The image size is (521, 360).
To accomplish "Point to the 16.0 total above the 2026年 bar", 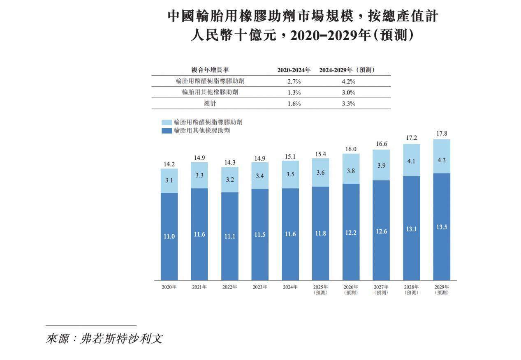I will click(x=351, y=149).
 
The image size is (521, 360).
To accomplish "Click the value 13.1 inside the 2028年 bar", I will click(x=411, y=229).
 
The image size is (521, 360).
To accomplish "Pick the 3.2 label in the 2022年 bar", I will click(x=229, y=180).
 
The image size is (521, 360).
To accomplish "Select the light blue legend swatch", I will click(x=167, y=122).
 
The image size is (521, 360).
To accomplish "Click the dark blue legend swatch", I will click(x=167, y=131).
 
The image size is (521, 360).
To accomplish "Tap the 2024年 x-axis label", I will click(x=290, y=287).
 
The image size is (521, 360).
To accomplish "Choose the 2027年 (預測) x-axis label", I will click(x=381, y=289).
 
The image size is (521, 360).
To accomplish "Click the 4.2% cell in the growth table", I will click(x=348, y=81).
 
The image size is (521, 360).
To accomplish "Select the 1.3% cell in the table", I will click(x=294, y=92).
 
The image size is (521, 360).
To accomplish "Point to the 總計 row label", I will click(x=210, y=104).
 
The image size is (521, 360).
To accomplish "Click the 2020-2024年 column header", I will click(x=294, y=70).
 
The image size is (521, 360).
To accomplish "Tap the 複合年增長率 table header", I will click(x=210, y=70).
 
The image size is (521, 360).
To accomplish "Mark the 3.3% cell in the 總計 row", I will click(x=348, y=104).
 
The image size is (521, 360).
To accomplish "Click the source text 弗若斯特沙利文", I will click(x=122, y=339).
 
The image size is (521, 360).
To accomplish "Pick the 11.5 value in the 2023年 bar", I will click(x=260, y=234).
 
